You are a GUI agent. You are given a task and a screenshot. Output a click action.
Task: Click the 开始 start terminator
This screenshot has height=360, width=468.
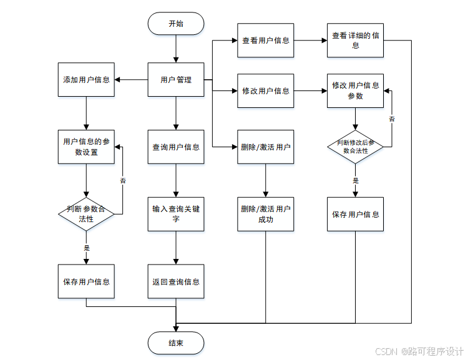click(x=176, y=23)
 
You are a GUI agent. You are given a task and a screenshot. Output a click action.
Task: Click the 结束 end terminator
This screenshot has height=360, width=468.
click(x=176, y=343)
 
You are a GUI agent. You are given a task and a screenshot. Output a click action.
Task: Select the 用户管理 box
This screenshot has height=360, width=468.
click(x=176, y=79)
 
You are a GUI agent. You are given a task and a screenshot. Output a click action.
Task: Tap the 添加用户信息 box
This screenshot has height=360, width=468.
click(x=86, y=79)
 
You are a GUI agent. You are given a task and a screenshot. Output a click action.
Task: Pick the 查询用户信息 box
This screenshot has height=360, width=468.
click(x=176, y=147)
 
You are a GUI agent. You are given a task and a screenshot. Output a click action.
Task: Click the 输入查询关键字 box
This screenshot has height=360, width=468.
click(x=176, y=214)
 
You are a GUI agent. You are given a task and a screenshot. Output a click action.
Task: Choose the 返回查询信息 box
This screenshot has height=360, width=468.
click(x=176, y=281)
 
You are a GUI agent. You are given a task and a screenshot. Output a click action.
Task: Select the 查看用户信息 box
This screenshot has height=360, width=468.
click(x=266, y=41)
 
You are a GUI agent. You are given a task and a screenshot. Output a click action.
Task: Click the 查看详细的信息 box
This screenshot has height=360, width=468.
click(x=355, y=41)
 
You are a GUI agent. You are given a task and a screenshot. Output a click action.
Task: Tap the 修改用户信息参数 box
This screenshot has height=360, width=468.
click(x=355, y=90)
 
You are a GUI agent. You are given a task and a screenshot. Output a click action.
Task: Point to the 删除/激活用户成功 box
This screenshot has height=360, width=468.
click(x=266, y=214)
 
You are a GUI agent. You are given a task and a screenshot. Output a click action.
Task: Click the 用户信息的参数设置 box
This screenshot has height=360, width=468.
click(x=86, y=147)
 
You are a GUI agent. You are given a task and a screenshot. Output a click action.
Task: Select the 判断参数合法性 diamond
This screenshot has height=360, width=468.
click(x=86, y=214)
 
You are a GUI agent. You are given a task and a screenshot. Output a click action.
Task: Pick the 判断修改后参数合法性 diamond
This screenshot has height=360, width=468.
click(x=355, y=147)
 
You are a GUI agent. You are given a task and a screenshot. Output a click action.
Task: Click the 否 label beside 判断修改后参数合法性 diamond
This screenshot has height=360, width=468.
click(x=392, y=119)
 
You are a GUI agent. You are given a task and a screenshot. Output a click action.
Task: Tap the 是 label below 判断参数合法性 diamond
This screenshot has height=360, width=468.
click(x=87, y=248)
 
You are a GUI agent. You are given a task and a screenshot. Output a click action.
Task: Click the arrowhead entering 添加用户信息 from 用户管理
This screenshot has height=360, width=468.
click(x=117, y=80)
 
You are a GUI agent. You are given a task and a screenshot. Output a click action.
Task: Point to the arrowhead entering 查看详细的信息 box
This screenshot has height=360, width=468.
click(x=324, y=41)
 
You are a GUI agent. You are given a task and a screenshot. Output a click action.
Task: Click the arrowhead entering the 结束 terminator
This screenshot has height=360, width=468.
click(x=176, y=329)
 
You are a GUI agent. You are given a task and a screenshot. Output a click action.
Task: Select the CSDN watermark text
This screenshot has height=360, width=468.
click(x=419, y=351)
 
